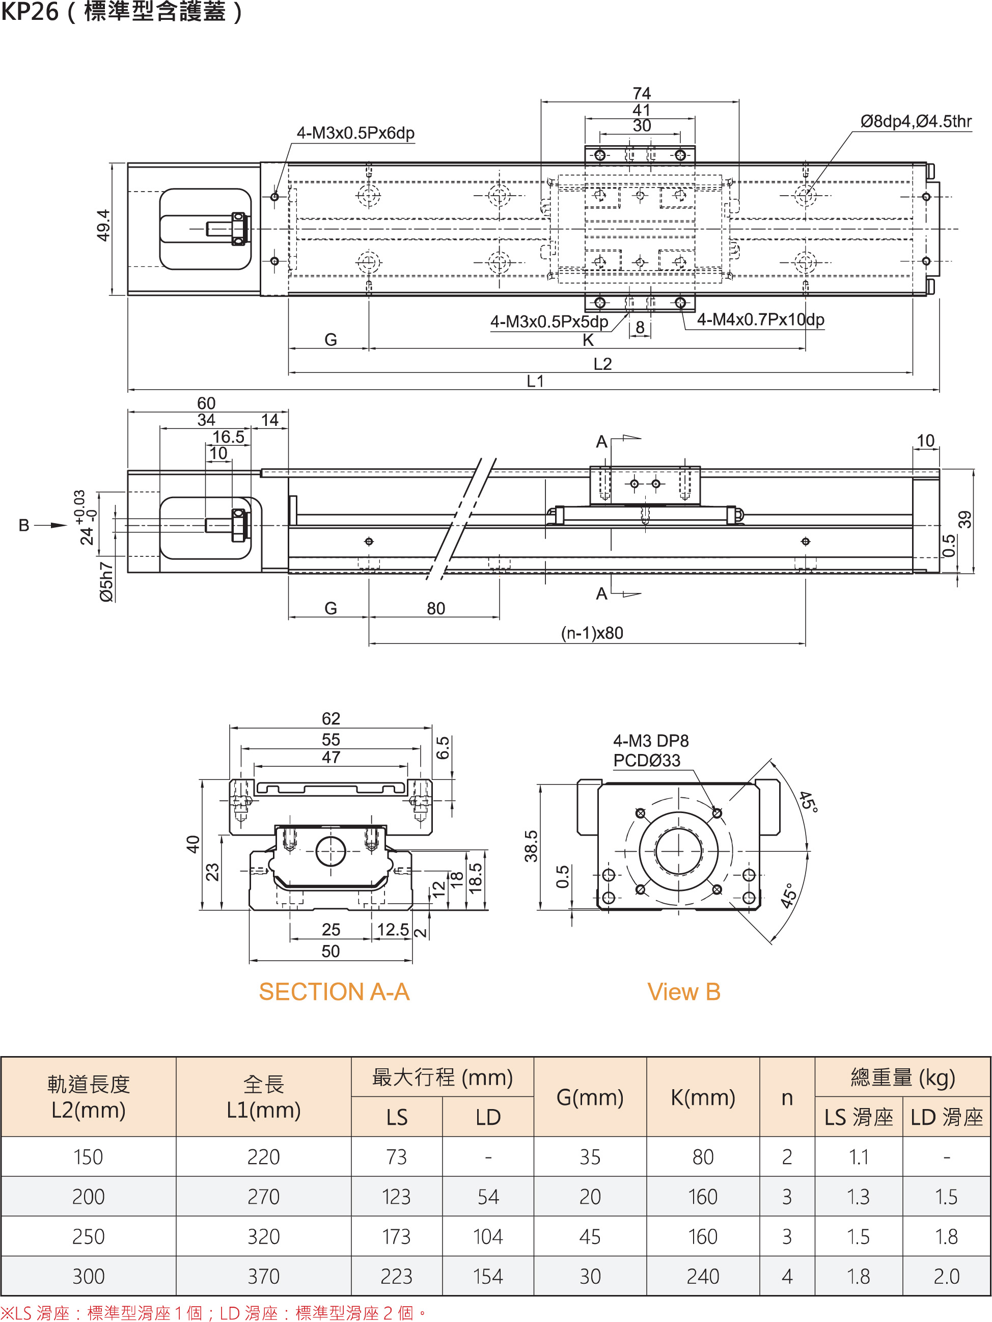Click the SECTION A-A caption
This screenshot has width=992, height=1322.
(334, 991)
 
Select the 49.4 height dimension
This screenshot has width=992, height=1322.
(103, 225)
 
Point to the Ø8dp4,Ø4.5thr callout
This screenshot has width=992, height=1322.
(916, 122)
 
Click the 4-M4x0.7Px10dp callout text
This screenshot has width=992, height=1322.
(760, 320)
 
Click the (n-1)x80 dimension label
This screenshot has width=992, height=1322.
(592, 633)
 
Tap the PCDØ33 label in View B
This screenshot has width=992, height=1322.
(647, 760)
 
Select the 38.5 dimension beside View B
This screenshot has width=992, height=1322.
(531, 846)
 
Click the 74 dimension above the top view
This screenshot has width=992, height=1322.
(641, 93)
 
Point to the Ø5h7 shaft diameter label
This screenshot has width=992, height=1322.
(106, 581)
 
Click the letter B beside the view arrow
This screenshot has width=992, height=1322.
(24, 525)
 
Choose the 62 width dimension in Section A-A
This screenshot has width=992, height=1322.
(330, 718)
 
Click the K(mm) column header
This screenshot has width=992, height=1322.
(702, 1097)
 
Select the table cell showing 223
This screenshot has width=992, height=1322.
(396, 1276)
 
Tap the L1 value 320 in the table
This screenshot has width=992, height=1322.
(264, 1236)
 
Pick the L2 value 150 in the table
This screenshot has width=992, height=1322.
(89, 1157)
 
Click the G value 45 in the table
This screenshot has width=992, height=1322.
(590, 1236)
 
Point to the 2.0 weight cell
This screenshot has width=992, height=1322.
(946, 1276)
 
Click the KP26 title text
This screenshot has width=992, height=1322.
(30, 12)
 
